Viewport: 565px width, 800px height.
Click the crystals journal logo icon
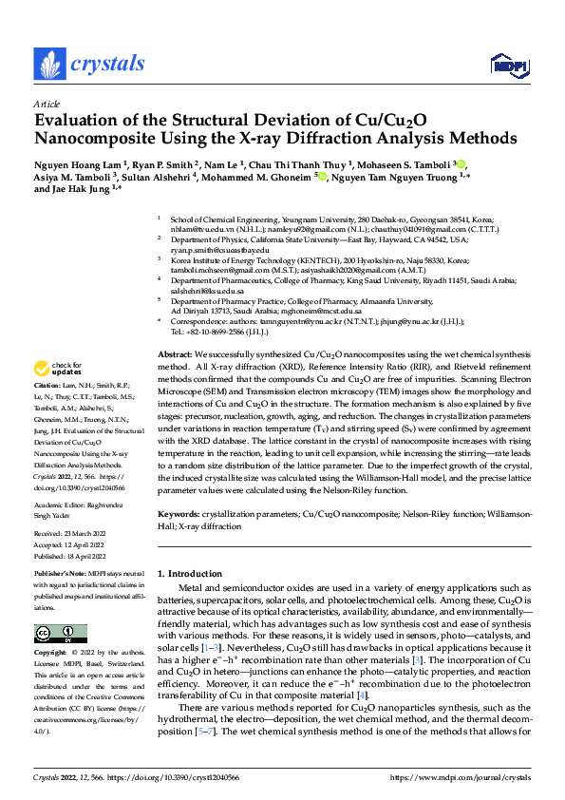tap(49, 64)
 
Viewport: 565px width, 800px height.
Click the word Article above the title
tap(46, 104)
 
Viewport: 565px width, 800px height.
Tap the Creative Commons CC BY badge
tap(61, 634)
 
